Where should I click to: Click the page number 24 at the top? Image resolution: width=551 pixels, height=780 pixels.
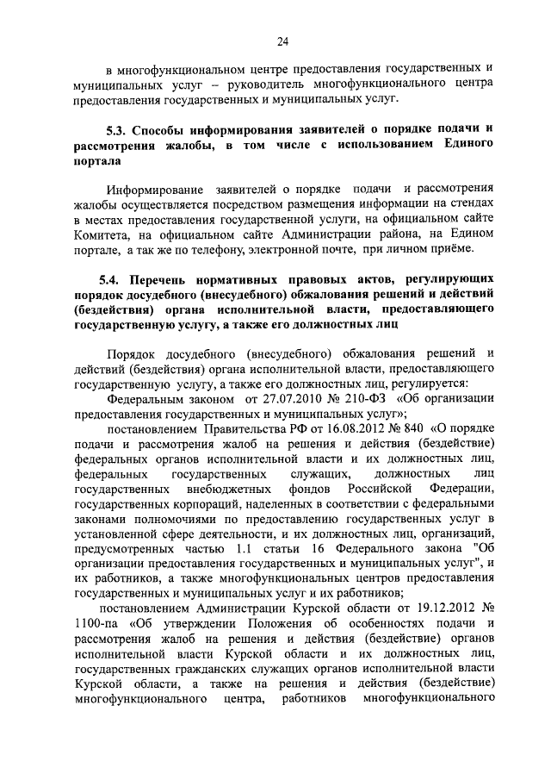pyautogui.click(x=282, y=41)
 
